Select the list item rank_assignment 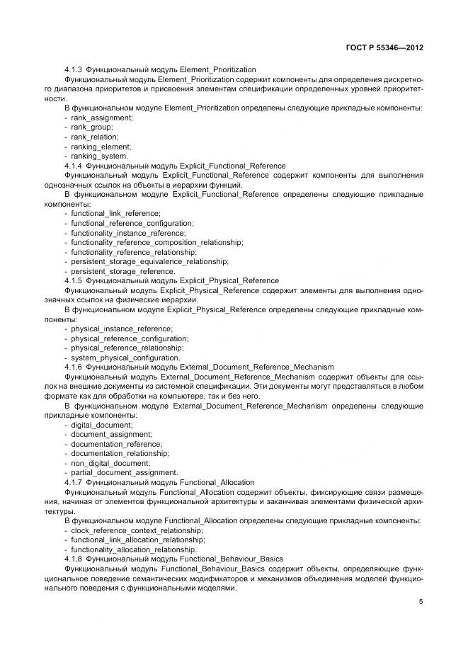click(x=101, y=118)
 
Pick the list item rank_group click(x=92, y=127)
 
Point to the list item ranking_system click(x=99, y=156)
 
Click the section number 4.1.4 click(x=74, y=166)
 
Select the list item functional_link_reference click(x=115, y=213)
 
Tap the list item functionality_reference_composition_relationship click(x=156, y=242)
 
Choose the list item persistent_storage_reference click(x=122, y=271)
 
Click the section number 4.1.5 click(x=74, y=280)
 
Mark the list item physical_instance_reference click(x=121, y=329)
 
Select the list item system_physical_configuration click(x=125, y=358)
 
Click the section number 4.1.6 click(x=74, y=367)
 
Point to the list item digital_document click(x=101, y=425)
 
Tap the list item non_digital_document click(x=110, y=463)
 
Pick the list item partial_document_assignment click(x=124, y=473)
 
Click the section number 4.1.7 click(x=74, y=482)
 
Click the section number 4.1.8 click(x=74, y=559)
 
